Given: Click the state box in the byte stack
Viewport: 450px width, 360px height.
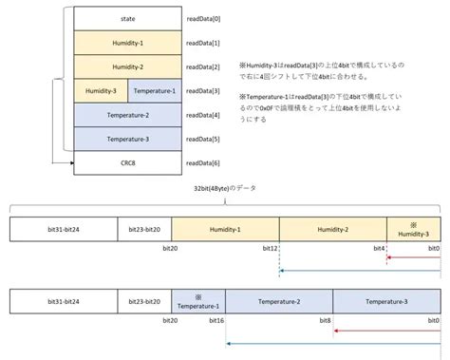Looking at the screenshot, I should pos(127,19).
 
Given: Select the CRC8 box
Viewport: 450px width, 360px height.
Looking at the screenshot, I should pos(127,163).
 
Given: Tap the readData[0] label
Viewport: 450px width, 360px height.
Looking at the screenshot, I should pos(204,19).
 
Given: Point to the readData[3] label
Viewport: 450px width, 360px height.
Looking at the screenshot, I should pos(204,91).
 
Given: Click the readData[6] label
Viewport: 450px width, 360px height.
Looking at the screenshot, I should pos(204,163).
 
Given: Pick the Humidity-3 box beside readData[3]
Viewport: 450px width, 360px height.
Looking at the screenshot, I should pos(101,91).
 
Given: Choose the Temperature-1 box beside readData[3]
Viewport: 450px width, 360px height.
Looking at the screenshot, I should pos(154,91).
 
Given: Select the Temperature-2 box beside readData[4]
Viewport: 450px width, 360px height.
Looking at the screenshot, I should pos(127,115).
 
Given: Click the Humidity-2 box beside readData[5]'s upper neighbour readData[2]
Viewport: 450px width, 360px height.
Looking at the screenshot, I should pos(127,67).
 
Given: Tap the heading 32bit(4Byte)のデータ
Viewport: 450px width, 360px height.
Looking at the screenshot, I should pos(225,188).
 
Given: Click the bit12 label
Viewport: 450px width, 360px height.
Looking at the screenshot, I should pos(271,249).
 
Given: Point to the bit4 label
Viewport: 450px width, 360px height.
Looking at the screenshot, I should pos(379,249).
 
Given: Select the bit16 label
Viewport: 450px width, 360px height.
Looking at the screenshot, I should pos(217,322).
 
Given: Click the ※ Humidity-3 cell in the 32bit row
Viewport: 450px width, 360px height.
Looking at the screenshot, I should pos(413,229).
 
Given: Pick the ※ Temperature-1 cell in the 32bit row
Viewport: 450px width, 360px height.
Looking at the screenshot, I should pos(198,302).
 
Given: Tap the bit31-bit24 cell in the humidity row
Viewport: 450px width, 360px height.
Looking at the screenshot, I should pos(64,229).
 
